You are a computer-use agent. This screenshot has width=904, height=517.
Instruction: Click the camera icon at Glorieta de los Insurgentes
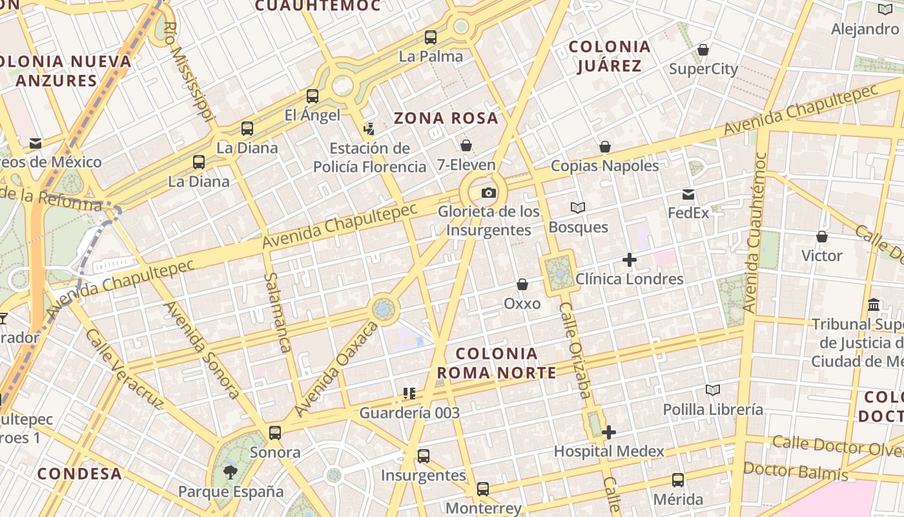[489, 193]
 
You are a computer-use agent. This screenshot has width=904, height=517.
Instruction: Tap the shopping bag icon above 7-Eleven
[466, 145]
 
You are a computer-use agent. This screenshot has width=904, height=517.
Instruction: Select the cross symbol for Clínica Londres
[629, 260]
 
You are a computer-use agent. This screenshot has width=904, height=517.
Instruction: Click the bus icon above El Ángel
[313, 96]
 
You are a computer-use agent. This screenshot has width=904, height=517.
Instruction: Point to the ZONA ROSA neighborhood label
[446, 118]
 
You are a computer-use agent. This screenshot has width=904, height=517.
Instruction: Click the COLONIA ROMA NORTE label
[496, 363]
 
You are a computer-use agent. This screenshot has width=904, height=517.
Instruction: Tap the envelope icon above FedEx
[688, 194]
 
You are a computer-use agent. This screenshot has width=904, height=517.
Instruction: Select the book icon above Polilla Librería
[712, 390]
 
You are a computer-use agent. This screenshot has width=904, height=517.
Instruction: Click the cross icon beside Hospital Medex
[608, 432]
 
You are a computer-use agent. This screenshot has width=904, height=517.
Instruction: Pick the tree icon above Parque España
[230, 472]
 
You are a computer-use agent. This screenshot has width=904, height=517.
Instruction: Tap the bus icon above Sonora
[275, 433]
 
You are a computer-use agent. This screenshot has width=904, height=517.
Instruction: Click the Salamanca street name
[276, 312]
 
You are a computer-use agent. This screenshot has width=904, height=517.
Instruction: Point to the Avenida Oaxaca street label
[336, 369]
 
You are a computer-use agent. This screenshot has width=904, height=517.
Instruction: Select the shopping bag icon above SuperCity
[703, 50]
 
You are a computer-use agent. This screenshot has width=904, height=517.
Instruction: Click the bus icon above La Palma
[431, 37]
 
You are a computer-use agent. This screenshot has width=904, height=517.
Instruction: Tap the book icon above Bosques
[578, 208]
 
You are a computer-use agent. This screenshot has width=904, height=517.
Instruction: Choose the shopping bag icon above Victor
[822, 237]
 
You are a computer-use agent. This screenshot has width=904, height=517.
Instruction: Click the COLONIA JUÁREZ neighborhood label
[610, 56]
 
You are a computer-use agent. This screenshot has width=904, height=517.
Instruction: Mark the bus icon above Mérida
[678, 480]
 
